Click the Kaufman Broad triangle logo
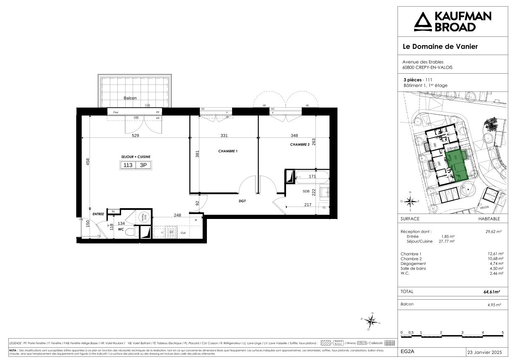pos(422,22)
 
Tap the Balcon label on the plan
pos(130,98)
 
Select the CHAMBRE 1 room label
pos(228,151)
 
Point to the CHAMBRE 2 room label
pos(300,145)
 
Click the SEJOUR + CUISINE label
pos(136,157)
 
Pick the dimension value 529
pos(135,136)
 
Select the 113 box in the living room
pos(128,165)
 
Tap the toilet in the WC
pos(131,231)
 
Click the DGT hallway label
pos(242,201)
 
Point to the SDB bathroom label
pos(306,191)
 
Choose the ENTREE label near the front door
pos(98,214)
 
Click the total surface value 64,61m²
pos(491,292)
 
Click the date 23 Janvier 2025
pos(484,352)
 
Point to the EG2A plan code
pos(407,352)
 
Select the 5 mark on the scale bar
pos(502,332)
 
